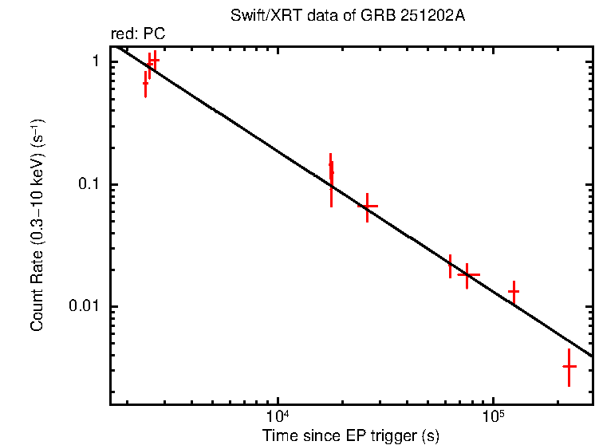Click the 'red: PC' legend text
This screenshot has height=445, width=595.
tap(137, 33)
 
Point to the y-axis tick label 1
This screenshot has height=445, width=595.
tap(93, 61)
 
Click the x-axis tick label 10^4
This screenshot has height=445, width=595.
tap(276, 416)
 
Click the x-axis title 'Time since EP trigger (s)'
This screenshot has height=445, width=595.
tap(351, 435)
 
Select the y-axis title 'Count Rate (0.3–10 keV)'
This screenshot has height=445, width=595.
tap(37, 225)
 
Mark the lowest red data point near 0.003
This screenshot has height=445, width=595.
tap(569, 366)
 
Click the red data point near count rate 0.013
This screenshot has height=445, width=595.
tap(514, 292)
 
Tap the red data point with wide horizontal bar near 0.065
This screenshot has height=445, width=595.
tap(367, 206)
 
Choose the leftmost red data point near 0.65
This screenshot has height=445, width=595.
tap(145, 83)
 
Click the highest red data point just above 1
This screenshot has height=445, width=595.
tap(154, 60)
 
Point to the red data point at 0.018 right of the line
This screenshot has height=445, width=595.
tap(467, 274)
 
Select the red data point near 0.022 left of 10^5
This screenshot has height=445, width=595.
tap(451, 266)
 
